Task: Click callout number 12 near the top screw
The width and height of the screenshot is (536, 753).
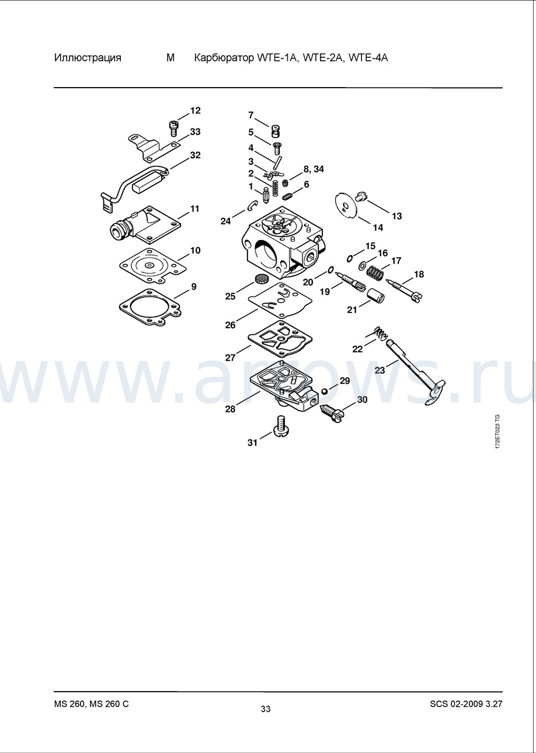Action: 195,110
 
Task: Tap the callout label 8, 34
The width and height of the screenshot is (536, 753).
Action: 314,169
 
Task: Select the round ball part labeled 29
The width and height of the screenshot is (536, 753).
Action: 324,391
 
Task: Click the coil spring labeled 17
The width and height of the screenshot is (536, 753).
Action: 374,272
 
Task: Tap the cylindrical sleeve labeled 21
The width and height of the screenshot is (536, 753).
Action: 375,295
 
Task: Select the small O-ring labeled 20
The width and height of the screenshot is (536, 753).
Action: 330,270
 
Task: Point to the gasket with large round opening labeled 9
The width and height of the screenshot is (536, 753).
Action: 150,307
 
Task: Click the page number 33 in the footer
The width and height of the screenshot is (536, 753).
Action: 266,709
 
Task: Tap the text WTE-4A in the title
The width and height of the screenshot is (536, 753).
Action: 368,58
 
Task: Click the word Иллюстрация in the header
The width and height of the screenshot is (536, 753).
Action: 88,58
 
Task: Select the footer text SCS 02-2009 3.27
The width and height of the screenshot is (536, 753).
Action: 466,703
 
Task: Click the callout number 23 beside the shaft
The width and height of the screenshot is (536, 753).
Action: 380,370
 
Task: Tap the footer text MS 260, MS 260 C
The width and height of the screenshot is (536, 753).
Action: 92,703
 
